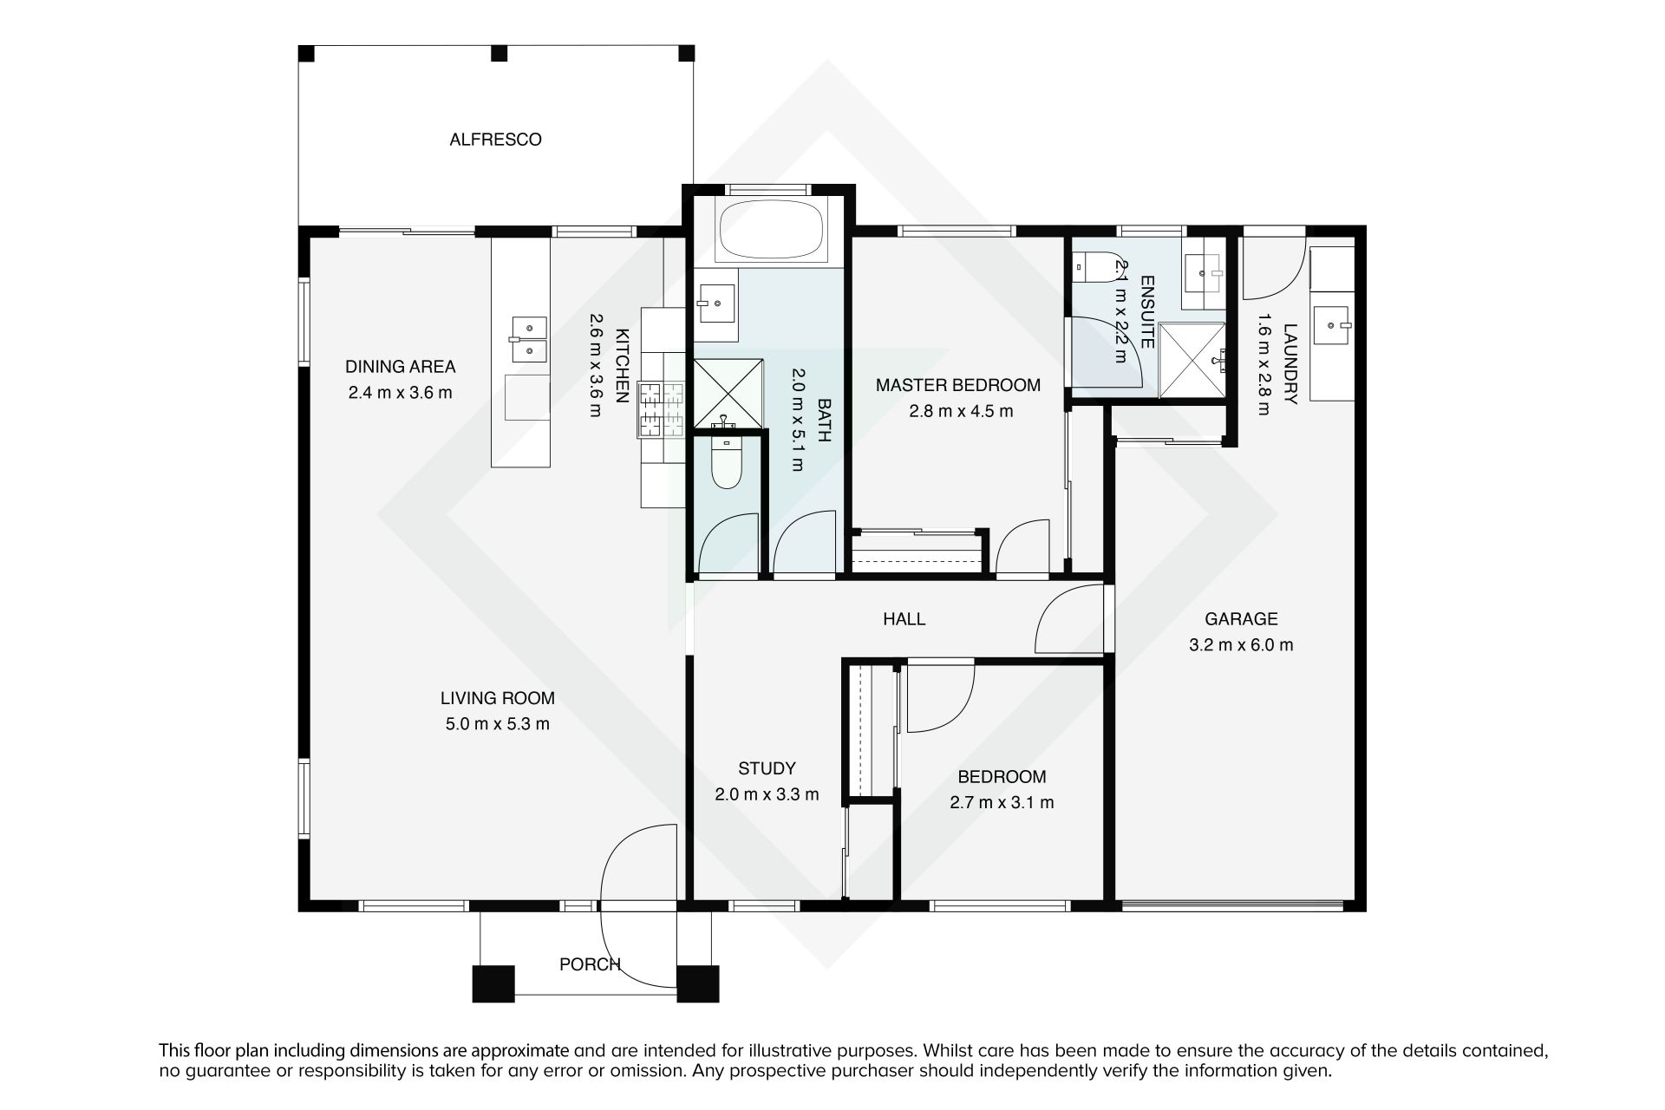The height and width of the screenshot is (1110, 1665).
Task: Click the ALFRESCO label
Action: coord(495,140)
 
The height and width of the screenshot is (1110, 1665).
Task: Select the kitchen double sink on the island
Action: coord(528,339)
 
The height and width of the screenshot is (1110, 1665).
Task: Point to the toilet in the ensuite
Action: coord(1087,268)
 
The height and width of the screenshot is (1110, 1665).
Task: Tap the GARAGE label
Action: coord(1241,619)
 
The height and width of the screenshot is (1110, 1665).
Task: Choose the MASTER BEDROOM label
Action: coord(957,385)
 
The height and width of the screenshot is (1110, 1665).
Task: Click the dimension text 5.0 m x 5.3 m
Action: coord(498,724)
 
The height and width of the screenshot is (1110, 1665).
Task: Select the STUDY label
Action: coord(767,768)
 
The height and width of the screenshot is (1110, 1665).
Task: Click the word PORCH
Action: coord(590,964)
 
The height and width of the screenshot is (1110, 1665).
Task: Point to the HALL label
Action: coord(904,619)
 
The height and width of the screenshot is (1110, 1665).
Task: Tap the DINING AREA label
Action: coord(400,367)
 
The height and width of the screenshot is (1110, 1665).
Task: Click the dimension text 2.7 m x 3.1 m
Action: coord(1002,803)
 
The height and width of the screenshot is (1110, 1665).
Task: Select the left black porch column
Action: coord(493,983)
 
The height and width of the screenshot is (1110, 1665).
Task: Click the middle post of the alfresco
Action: coord(499,54)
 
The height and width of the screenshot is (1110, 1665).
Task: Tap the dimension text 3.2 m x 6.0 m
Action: coord(1241,645)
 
